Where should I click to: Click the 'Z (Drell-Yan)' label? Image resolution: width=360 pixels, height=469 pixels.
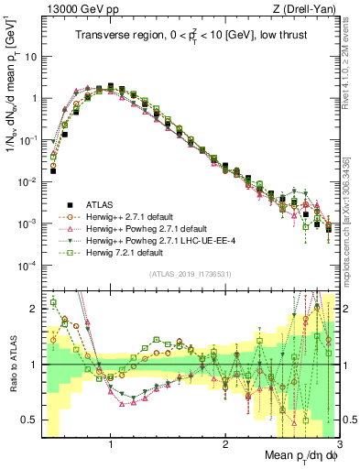pyautogui.click(x=300, y=9)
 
